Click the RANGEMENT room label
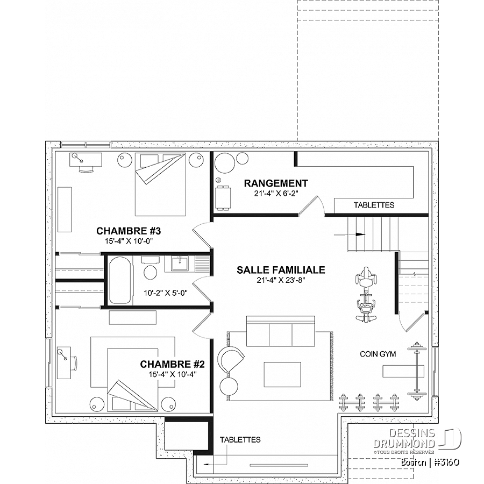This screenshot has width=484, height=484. tap(276, 183)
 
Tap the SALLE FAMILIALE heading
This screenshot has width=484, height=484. tap(281, 270)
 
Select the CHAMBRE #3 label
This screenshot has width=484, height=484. tap(129, 231)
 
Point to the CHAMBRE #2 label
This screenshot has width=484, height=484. tap(172, 364)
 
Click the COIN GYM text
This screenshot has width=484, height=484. tap(378, 354)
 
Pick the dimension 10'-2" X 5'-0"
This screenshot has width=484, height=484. tap(166, 293)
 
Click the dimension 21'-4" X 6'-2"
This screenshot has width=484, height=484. tap(276, 194)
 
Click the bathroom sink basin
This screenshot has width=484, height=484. tap(180, 264)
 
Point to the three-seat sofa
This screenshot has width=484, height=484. tap(281, 331)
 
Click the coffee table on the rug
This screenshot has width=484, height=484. tap(282, 374)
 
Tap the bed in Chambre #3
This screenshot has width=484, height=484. tap(160, 184)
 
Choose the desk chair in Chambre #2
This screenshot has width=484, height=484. tap(74, 364)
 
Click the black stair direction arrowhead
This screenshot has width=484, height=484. tap(360, 234)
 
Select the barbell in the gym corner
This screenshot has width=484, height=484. tap(416, 372)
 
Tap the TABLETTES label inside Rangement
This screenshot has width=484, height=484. tap(374, 205)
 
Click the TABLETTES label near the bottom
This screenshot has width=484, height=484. tap(240, 439)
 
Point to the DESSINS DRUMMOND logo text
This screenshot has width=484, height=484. tap(404, 439)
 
